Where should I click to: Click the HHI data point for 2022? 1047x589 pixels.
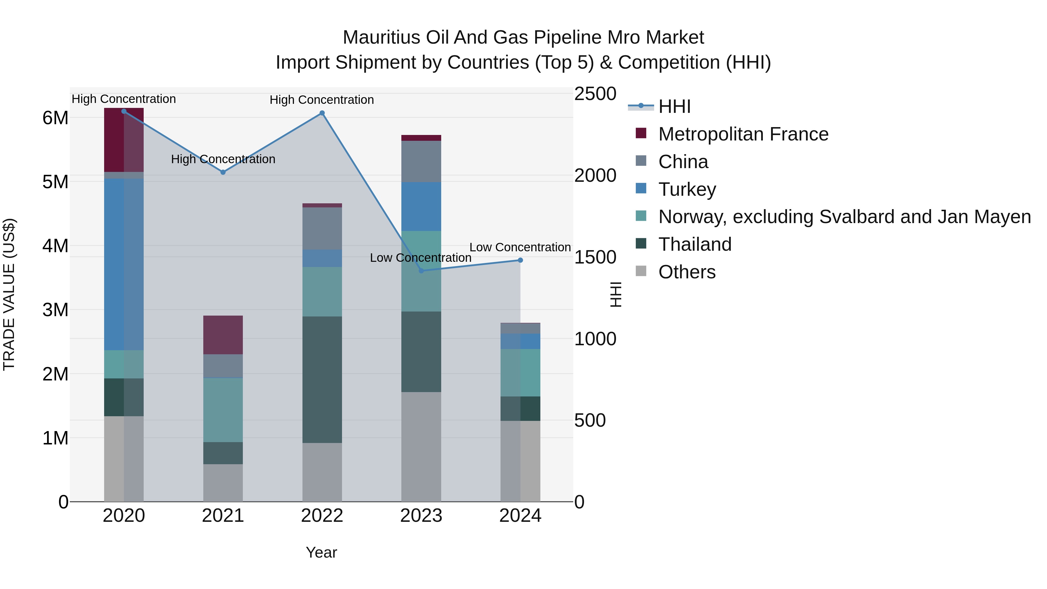322,113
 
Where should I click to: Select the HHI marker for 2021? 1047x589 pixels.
223,172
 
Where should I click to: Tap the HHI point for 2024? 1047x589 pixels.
520,260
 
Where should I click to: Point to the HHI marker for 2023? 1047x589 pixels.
421,271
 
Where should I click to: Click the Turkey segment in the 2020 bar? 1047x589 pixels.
124,264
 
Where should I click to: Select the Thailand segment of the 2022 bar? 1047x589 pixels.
322,380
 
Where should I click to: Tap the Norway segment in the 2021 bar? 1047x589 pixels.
223,410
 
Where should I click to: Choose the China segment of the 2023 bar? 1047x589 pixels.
421,161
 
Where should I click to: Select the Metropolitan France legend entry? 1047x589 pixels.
743,134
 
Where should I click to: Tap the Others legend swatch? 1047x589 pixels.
641,271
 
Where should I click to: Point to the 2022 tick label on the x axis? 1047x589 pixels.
322,516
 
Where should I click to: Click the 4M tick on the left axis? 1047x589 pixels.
55,245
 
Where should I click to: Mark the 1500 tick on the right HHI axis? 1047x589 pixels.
595,257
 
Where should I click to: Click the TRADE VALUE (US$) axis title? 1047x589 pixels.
9,294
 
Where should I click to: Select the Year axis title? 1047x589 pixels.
321,552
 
